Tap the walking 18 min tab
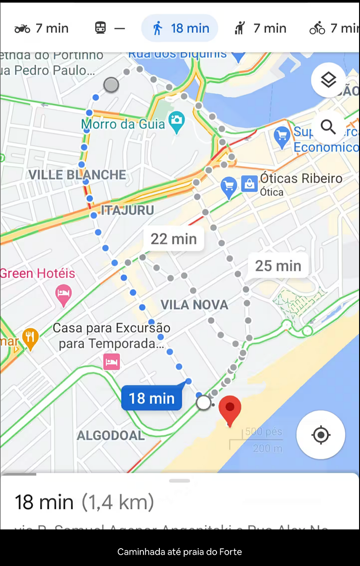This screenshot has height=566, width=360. [180, 28]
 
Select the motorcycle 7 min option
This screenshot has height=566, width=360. [41, 28]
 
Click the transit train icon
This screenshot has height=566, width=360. [100, 28]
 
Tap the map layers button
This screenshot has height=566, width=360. [328, 80]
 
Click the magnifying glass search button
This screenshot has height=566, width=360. [328, 127]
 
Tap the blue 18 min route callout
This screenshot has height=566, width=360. [151, 399]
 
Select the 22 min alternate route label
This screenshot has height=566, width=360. [173, 239]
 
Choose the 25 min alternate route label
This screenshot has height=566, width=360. [278, 265]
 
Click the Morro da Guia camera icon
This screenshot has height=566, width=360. [177, 119]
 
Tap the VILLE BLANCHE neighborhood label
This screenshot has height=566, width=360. [77, 175]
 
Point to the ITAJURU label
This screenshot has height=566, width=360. [127, 210]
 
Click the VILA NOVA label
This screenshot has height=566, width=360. [195, 305]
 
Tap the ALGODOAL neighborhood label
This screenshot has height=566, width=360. [111, 436]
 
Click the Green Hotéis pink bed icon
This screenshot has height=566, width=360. [64, 294]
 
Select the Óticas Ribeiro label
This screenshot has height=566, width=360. [301, 179]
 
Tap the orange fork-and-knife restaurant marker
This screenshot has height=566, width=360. [30, 338]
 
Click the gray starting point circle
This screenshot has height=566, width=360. [111, 85]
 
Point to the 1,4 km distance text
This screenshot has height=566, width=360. [118, 502]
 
